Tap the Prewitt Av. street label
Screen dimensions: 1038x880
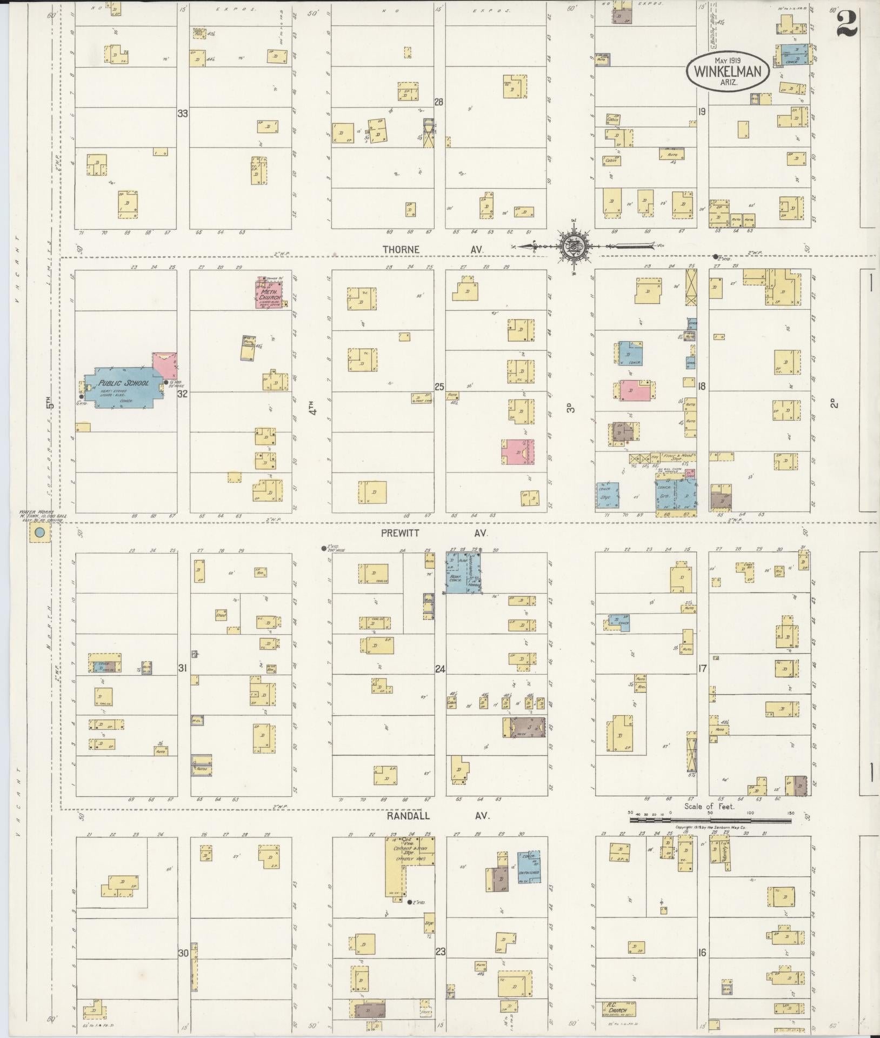[435, 533]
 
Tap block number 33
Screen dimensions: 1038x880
[183, 114]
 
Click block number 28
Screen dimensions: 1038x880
[439, 102]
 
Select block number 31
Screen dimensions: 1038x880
[183, 669]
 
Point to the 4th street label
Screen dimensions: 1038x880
[312, 407]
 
